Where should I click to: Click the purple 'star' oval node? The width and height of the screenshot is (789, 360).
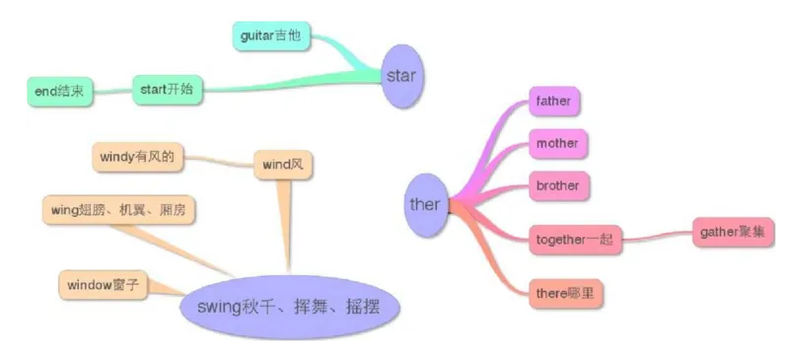pyautogui.click(x=401, y=75)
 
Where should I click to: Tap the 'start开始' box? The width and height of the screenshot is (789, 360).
pyautogui.click(x=168, y=91)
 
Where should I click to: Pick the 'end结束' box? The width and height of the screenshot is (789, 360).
pyautogui.click(x=59, y=92)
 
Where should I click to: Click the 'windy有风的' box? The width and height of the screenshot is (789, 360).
pyautogui.click(x=137, y=156)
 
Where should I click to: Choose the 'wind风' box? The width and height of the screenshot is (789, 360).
pyautogui.click(x=283, y=165)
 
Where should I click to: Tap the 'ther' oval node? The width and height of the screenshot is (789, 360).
pyautogui.click(x=425, y=205)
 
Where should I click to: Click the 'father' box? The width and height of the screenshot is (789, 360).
pyautogui.click(x=552, y=101)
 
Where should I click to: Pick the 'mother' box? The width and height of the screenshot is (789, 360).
pyautogui.click(x=556, y=143)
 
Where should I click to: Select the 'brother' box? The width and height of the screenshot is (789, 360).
pyautogui.click(x=557, y=185)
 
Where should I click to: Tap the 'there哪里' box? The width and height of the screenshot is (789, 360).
pyautogui.click(x=565, y=293)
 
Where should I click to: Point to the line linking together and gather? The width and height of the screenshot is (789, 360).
pyautogui.click(x=658, y=237)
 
